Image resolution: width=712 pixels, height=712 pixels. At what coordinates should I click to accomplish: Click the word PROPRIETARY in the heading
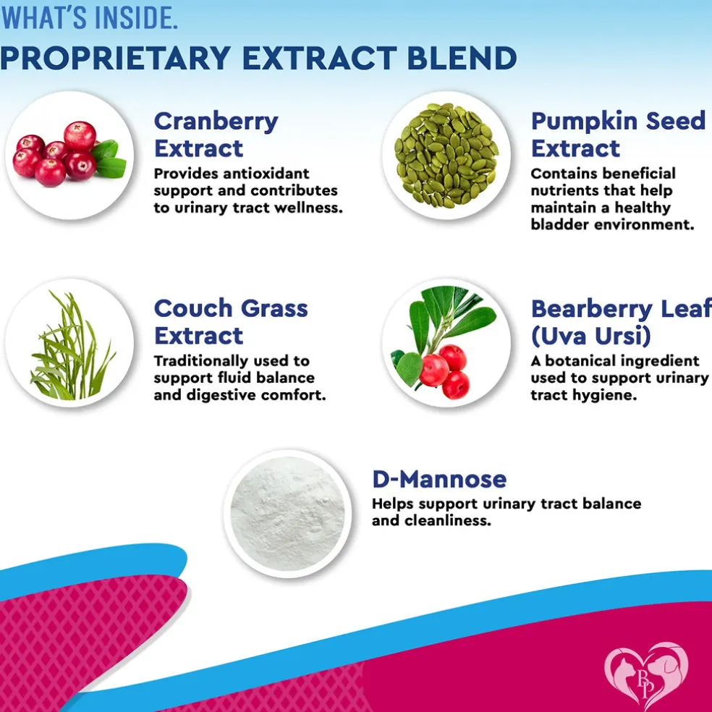[115, 58]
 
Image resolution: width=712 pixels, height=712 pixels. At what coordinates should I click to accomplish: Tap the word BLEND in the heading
[462, 58]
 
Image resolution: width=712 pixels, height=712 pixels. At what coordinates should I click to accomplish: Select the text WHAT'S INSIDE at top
[88, 17]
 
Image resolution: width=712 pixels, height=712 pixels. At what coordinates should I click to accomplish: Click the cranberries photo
[69, 153]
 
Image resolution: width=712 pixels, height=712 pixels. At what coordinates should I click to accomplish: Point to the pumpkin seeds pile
[447, 155]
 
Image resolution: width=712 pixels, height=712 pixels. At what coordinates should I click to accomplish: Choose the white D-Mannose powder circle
[287, 514]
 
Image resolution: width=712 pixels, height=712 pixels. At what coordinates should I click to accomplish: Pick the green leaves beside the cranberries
[109, 159]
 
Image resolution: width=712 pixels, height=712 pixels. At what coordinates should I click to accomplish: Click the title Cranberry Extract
[216, 135]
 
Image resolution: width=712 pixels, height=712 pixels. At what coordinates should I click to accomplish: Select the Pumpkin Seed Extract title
[618, 135]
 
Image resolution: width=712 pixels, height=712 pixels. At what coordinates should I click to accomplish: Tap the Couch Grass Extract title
[231, 322]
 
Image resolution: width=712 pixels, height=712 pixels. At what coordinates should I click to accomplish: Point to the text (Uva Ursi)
[590, 336]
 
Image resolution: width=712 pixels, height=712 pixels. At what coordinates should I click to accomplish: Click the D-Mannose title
[439, 479]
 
